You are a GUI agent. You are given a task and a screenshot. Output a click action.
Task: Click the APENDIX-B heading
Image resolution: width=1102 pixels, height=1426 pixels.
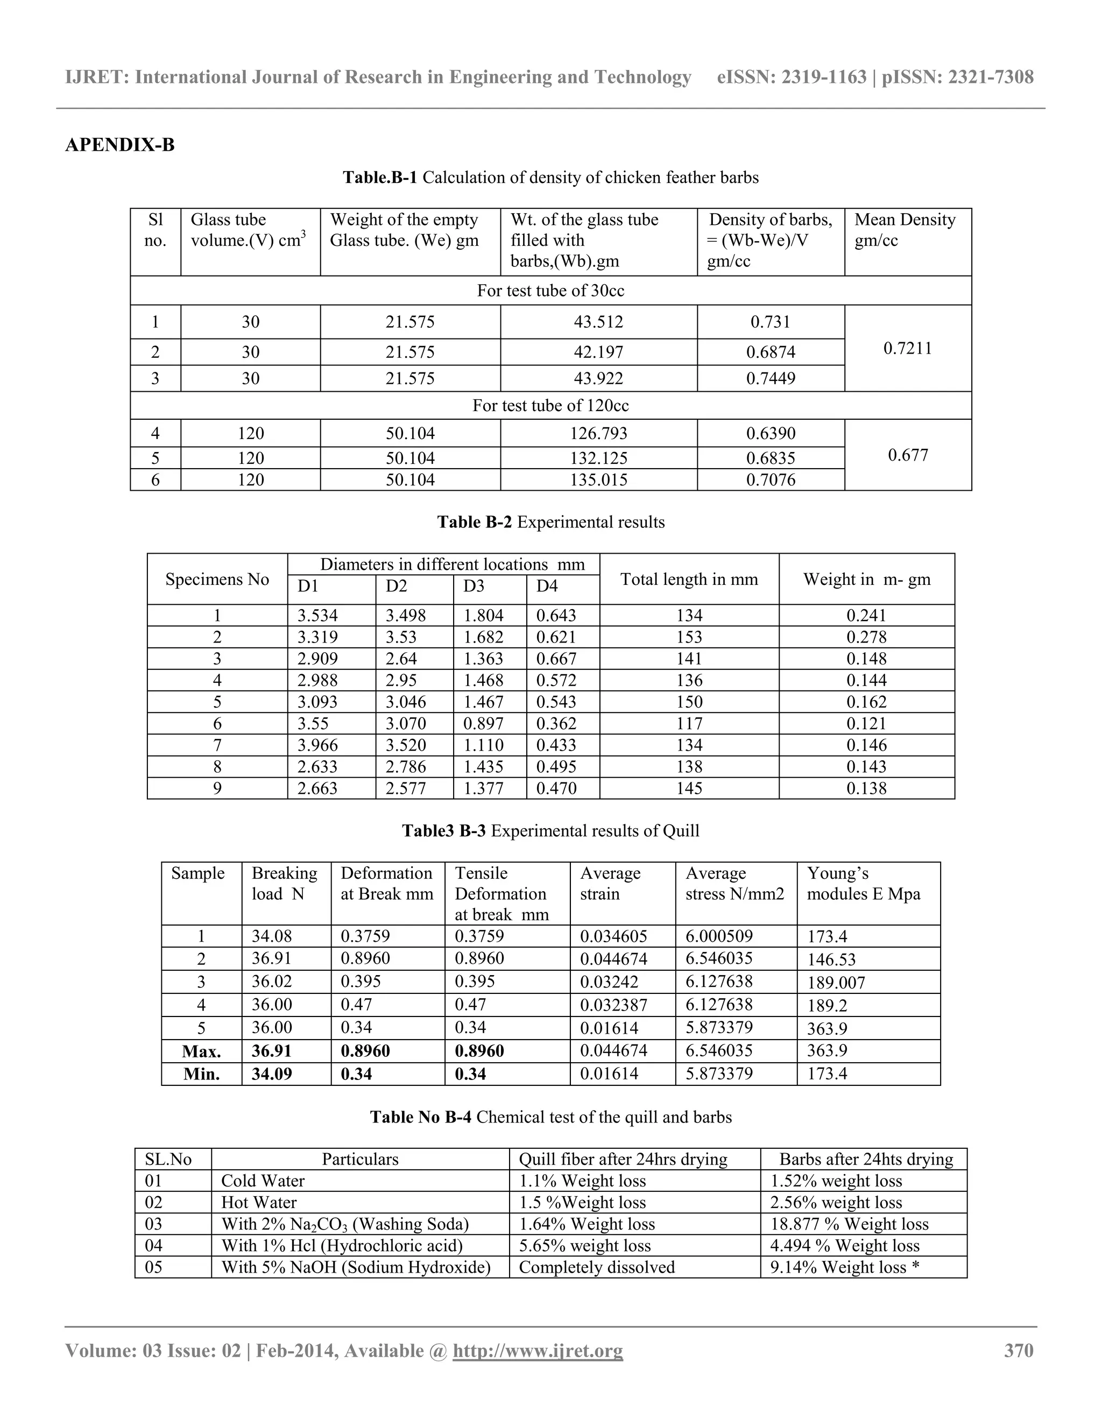[x=120, y=145]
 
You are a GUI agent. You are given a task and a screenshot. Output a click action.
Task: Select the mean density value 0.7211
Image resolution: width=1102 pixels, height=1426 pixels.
[x=907, y=348]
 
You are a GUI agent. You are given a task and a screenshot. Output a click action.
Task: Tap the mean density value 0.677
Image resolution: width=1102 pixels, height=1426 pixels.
[x=907, y=455]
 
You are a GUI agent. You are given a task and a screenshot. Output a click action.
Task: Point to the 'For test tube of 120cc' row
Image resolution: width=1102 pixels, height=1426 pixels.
[x=550, y=406]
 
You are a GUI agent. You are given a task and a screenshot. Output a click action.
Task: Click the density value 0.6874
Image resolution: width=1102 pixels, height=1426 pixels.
[x=771, y=352]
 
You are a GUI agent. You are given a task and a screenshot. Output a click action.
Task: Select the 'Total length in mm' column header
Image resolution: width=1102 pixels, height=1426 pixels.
[x=689, y=579]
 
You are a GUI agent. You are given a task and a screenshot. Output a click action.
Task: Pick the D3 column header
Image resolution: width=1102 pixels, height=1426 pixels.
[x=474, y=587]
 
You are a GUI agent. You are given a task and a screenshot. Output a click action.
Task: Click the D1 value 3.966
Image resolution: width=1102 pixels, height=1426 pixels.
[x=317, y=745]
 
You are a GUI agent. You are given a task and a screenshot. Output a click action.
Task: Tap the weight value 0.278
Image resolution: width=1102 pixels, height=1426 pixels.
[x=866, y=637]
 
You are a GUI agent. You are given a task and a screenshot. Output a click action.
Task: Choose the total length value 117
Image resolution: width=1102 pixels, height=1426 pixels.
[x=689, y=723]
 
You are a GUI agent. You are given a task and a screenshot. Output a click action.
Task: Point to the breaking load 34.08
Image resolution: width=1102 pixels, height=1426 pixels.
[x=272, y=936]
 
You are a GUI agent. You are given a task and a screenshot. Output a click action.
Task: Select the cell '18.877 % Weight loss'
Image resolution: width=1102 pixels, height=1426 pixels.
[x=849, y=1224]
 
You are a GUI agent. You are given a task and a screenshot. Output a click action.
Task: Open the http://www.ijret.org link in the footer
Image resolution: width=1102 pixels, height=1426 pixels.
[x=538, y=1350]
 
